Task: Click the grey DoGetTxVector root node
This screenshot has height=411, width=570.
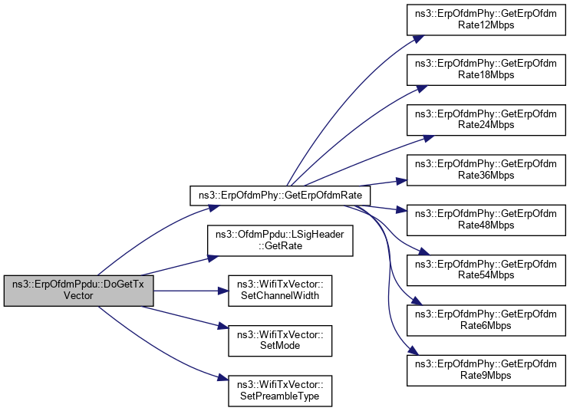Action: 78,288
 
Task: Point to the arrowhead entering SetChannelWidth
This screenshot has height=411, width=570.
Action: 226,290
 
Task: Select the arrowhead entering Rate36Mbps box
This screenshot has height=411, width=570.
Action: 402,181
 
